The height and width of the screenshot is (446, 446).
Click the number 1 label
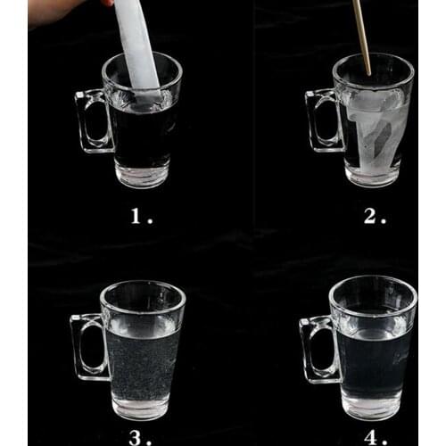pos(136,215)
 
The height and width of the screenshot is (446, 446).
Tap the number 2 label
pos(368,215)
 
